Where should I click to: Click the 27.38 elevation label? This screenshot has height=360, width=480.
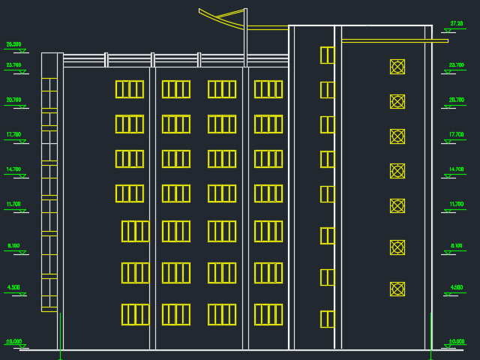click(x=456, y=24)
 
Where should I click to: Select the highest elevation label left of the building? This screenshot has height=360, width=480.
click(x=13, y=45)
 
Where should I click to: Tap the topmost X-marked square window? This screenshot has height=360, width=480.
click(x=397, y=67)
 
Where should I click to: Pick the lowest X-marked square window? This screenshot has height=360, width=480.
click(x=397, y=289)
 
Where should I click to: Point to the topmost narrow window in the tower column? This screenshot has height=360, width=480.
click(x=327, y=55)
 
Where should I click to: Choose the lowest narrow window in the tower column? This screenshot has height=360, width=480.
click(x=327, y=319)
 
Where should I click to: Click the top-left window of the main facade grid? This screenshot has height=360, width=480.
click(x=129, y=89)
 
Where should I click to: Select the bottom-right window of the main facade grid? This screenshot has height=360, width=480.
click(x=268, y=314)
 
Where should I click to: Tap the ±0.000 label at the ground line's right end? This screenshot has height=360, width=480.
click(x=457, y=342)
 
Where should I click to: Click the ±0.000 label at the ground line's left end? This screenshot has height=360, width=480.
click(x=13, y=342)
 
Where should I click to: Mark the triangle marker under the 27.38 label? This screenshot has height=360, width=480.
click(x=450, y=31)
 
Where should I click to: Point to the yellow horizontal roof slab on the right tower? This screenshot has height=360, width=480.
click(x=394, y=40)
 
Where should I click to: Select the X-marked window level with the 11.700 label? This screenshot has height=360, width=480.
click(x=397, y=205)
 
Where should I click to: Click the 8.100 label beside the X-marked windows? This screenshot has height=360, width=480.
click(x=456, y=246)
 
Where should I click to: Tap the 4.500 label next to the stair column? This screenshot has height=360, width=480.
click(x=13, y=287)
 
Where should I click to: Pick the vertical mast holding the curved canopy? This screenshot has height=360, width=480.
click(x=245, y=37)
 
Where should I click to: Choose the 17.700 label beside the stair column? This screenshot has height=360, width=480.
click(x=13, y=135)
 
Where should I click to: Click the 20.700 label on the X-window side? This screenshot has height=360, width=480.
click(x=456, y=100)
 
